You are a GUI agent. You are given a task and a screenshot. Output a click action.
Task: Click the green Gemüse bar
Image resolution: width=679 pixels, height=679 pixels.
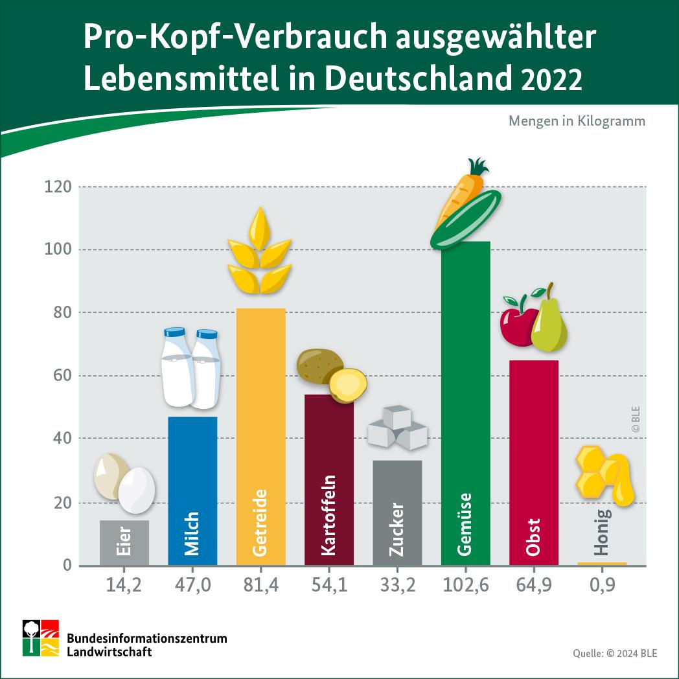click(x=465, y=402)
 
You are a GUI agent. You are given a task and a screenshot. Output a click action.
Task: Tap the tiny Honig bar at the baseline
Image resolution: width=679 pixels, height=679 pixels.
click(x=602, y=564)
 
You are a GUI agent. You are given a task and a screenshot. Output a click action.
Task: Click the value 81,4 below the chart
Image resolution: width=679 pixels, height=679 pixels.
click(x=261, y=586)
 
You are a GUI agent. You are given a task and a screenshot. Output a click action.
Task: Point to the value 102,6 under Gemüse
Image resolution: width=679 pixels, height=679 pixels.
click(x=466, y=586)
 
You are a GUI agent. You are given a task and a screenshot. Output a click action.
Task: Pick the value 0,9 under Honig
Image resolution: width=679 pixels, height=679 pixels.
click(x=603, y=586)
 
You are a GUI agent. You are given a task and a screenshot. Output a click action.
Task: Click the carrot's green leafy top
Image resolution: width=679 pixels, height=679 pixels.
click(x=479, y=167)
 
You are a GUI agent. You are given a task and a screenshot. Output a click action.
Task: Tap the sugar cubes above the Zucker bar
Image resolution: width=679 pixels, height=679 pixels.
click(x=397, y=428)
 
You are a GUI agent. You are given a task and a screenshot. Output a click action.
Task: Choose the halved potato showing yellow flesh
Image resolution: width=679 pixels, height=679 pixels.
click(x=348, y=386)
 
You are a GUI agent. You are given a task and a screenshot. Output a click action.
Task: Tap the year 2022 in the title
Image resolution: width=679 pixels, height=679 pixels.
click(x=551, y=81)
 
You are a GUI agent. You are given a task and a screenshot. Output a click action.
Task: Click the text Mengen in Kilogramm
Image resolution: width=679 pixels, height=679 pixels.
click(x=577, y=121)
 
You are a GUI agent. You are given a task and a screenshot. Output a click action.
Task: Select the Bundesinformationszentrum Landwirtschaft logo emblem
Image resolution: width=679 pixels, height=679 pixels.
click(x=41, y=638)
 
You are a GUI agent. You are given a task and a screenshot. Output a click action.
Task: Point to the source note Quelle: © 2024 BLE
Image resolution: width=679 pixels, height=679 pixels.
click(x=614, y=653)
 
